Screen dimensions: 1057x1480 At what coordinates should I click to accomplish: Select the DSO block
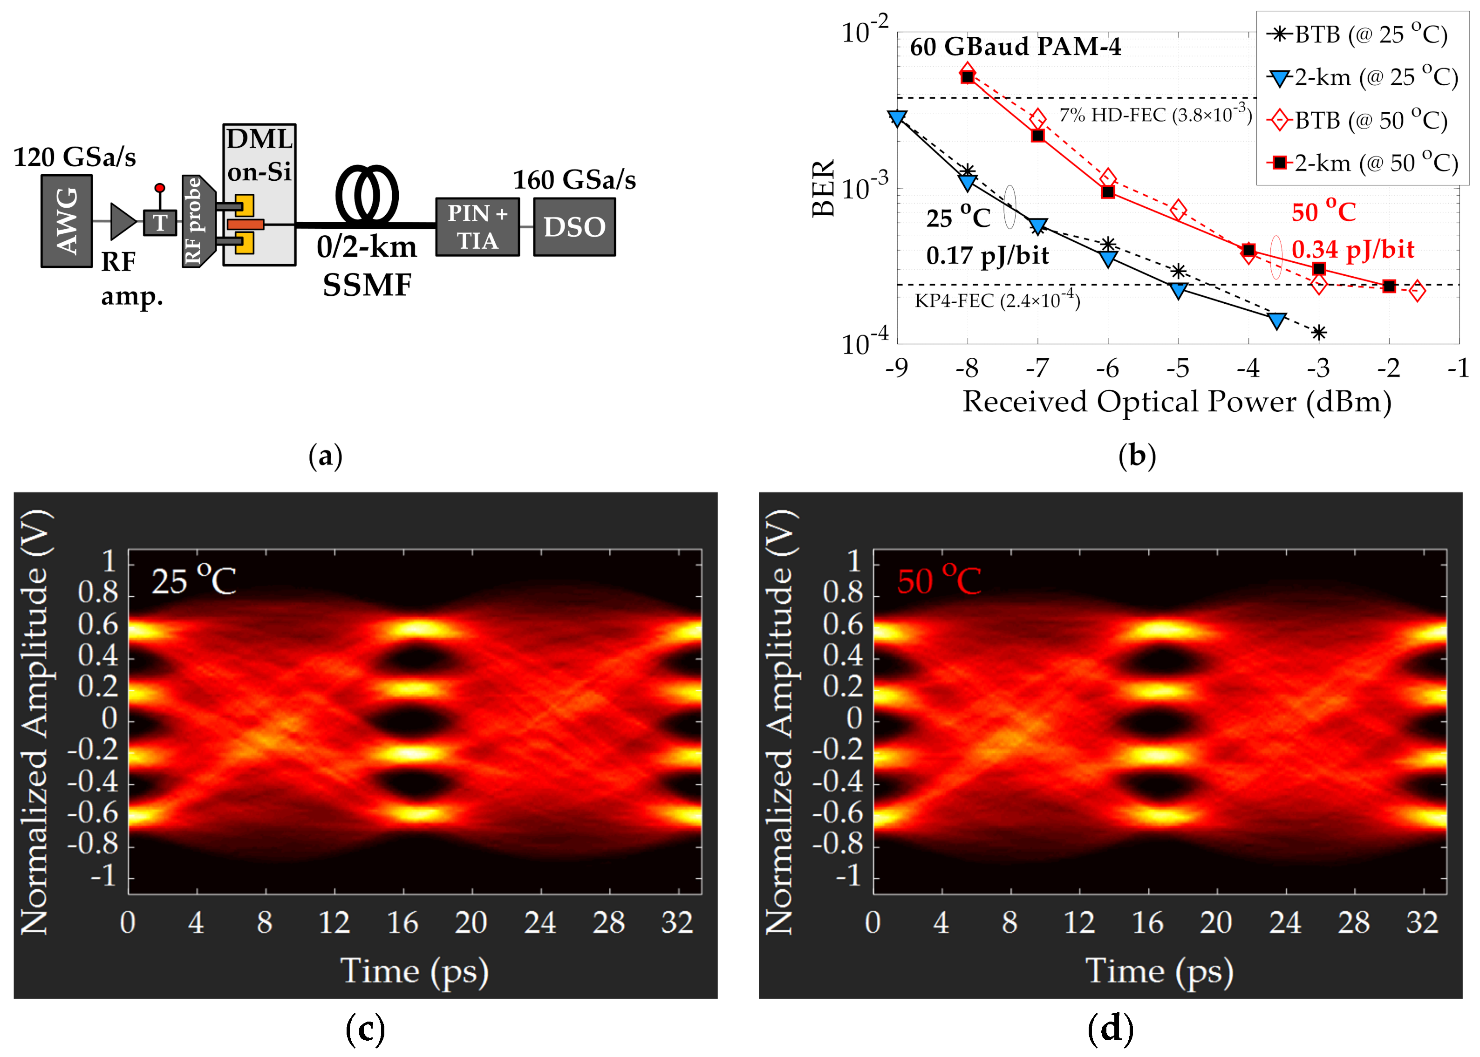pyautogui.click(x=574, y=226)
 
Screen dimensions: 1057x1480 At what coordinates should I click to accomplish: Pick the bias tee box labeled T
pyautogui.click(x=159, y=223)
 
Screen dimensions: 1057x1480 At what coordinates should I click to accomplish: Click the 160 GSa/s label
pyautogui.click(x=574, y=180)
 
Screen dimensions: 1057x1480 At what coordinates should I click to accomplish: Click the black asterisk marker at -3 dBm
pyautogui.click(x=1319, y=333)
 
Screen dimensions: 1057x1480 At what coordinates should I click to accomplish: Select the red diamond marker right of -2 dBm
pyautogui.click(x=1417, y=291)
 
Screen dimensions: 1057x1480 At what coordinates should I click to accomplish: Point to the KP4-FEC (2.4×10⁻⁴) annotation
pyautogui.click(x=997, y=300)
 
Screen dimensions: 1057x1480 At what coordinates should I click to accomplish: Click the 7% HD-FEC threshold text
pyautogui.click(x=1154, y=115)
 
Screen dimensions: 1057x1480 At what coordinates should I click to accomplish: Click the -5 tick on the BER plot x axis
pyautogui.click(x=1177, y=368)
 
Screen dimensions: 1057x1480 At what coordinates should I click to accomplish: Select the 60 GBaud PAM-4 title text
pyautogui.click(x=1015, y=47)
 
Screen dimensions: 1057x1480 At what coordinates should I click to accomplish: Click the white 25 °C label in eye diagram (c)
pyautogui.click(x=193, y=580)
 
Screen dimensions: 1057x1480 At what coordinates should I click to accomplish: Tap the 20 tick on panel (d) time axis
pyautogui.click(x=1216, y=922)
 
